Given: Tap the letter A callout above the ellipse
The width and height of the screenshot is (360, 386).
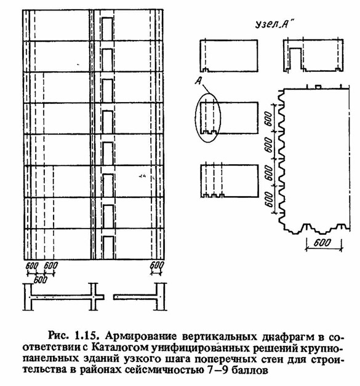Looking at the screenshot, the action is point(199,81).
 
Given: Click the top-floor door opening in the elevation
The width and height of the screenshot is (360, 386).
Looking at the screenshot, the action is point(107,29).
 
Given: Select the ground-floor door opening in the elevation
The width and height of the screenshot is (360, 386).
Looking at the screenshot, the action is point(109,248).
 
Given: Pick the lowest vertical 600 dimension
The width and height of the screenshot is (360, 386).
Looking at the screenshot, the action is point(270,199).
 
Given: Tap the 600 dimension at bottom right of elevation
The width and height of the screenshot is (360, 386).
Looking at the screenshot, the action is point(157,266).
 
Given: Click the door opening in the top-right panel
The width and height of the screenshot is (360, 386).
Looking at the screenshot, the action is point(295,58).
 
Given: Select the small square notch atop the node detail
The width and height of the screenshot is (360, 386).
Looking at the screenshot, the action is point(318,87).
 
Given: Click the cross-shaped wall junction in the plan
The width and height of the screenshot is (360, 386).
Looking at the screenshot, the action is point(94,297).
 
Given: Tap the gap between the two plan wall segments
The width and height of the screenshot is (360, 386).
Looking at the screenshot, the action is point(109,297).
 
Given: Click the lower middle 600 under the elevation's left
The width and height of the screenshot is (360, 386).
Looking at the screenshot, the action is point(40,280).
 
